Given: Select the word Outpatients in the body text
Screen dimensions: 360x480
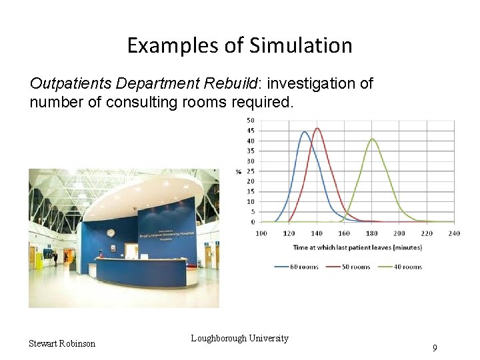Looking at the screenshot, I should click(x=71, y=84).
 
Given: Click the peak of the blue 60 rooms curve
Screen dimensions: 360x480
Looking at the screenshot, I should click(x=304, y=132).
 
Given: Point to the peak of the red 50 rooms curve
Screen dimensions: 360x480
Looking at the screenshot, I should click(x=317, y=129).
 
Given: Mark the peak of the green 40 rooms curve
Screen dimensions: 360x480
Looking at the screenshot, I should click(x=372, y=139).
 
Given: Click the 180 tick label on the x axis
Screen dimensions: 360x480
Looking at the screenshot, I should click(x=371, y=233).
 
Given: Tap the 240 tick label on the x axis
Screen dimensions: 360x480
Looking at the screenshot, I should click(x=453, y=233).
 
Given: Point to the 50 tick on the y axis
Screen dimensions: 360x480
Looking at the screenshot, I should click(x=250, y=120).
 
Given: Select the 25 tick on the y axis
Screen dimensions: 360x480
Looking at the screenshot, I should click(x=250, y=171).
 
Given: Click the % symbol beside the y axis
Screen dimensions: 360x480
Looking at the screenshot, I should click(x=238, y=171).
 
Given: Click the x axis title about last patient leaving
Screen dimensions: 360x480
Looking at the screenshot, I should click(x=357, y=247).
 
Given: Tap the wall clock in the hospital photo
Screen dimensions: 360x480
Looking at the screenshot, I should click(x=111, y=233).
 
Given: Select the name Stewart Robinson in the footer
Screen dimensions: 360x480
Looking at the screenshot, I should click(x=62, y=343).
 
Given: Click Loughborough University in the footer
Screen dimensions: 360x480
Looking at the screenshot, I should click(x=239, y=338).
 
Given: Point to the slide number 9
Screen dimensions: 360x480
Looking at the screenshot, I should click(x=435, y=348).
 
